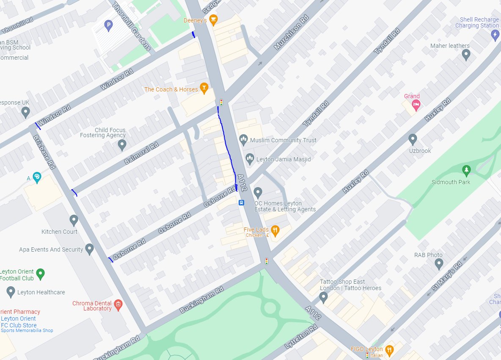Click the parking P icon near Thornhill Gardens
[108, 26]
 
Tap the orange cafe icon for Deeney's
[214, 19]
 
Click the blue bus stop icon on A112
[241, 202]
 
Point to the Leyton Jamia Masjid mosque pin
[250, 159]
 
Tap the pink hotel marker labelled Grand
[416, 104]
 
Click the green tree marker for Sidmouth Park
[466, 170]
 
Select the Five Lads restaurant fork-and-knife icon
[275, 231]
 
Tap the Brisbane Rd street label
[44, 152]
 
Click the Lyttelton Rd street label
[301, 338]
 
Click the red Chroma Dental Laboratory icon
[118, 305]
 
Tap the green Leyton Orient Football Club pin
[40, 274]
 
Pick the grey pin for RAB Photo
[439, 264]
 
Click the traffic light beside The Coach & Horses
[221, 102]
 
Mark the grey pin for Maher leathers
[466, 54]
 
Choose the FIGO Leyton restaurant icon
[389, 349]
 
